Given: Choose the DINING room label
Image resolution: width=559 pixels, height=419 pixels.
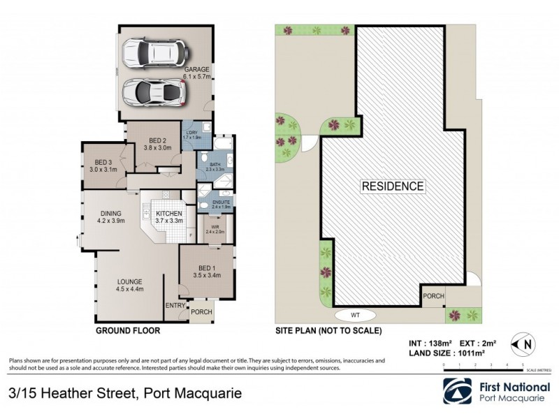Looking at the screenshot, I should click(110, 214).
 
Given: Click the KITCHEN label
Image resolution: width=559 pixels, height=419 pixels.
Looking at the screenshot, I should click(169, 214).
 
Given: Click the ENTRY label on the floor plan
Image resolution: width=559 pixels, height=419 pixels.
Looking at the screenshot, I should click(174, 306).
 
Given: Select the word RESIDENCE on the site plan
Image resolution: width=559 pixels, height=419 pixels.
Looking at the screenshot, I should click(392, 186).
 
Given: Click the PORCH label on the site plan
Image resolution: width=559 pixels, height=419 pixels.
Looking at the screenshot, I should click(433, 297).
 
